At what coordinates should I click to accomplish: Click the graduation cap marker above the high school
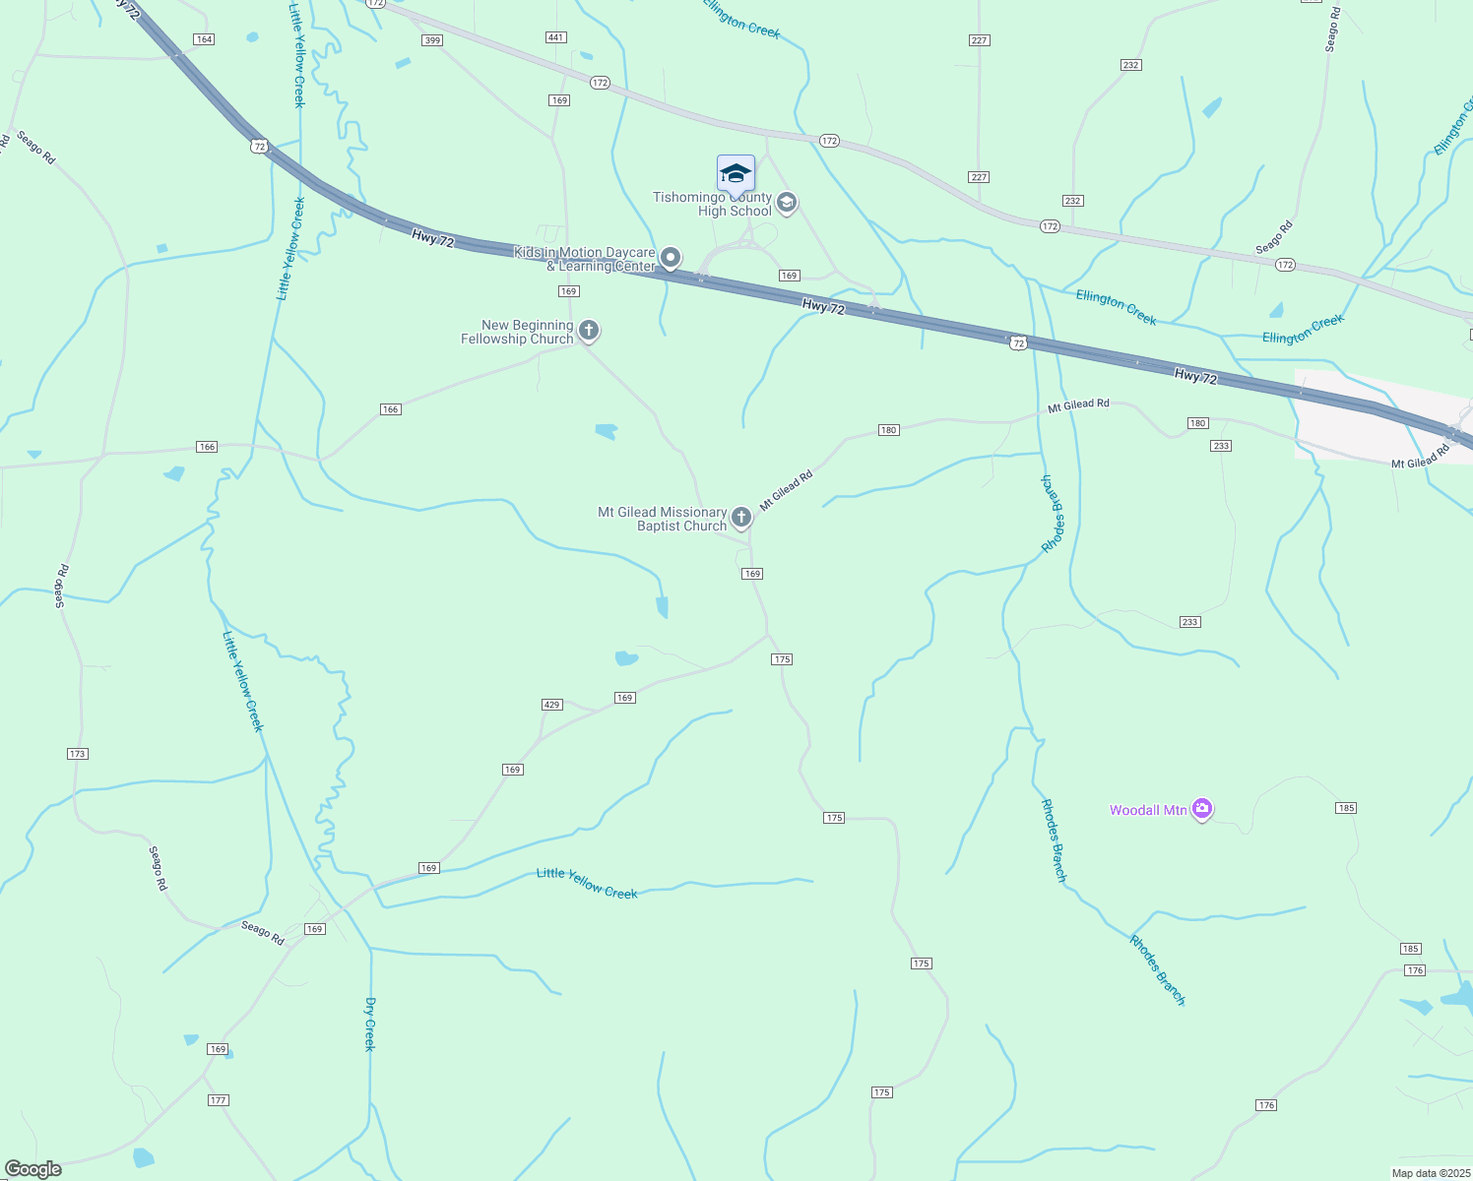click(736, 174)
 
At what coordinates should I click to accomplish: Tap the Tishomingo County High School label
click(713, 205)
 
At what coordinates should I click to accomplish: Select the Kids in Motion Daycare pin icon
click(671, 259)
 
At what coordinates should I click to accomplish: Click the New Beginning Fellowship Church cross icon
click(589, 331)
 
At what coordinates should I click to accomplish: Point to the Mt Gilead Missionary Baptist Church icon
click(741, 518)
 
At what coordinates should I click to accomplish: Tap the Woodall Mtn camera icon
click(1201, 809)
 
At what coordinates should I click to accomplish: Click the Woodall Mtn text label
click(1148, 810)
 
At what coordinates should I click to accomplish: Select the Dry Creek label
click(370, 1024)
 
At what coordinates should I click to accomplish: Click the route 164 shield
click(204, 39)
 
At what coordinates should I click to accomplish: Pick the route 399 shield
click(431, 40)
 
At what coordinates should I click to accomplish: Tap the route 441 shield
click(556, 37)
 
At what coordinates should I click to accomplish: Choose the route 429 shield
click(551, 705)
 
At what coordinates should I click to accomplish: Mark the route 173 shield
click(78, 754)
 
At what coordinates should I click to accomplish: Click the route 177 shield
click(219, 1100)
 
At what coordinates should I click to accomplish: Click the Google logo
click(33, 1169)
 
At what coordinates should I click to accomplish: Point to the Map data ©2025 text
click(1430, 1173)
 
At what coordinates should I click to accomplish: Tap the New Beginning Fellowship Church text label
click(518, 332)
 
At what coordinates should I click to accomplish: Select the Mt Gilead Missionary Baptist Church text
click(662, 519)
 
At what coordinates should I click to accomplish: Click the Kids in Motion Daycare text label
click(585, 260)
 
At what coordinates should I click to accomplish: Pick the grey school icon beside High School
click(786, 203)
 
